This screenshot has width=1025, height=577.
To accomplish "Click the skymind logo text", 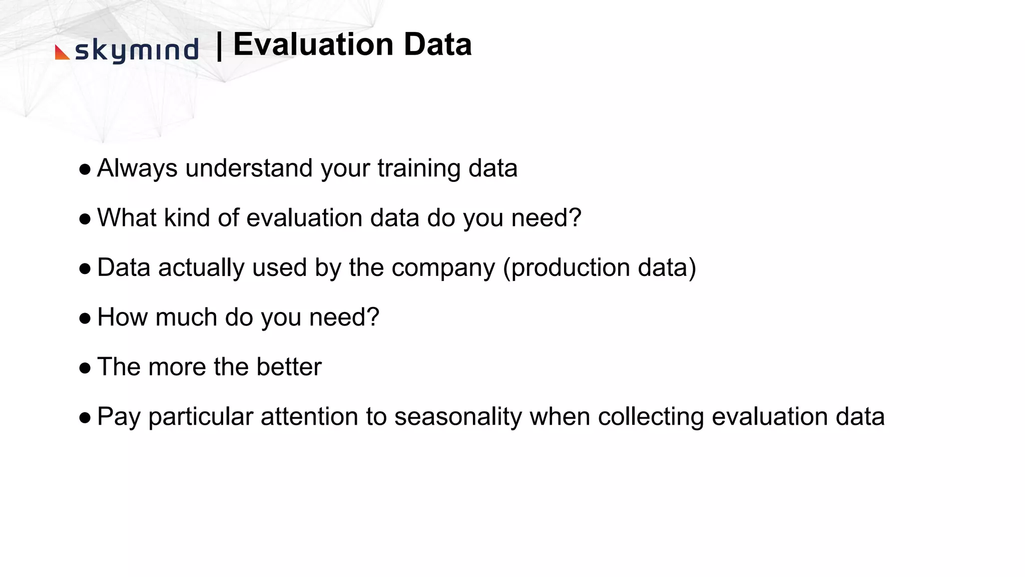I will click(137, 51).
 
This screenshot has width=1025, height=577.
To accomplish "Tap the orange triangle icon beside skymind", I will click(62, 53).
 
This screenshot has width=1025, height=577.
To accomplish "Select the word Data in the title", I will click(437, 44).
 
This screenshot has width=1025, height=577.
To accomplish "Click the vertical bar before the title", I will click(219, 46).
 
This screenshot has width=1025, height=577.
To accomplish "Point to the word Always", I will click(137, 168).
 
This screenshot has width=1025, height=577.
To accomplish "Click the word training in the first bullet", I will click(418, 168).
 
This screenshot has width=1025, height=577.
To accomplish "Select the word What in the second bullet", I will click(127, 218).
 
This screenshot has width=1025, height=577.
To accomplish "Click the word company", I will click(443, 268).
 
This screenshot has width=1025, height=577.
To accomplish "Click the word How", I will click(122, 317).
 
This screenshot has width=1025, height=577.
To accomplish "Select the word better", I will click(289, 367).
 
